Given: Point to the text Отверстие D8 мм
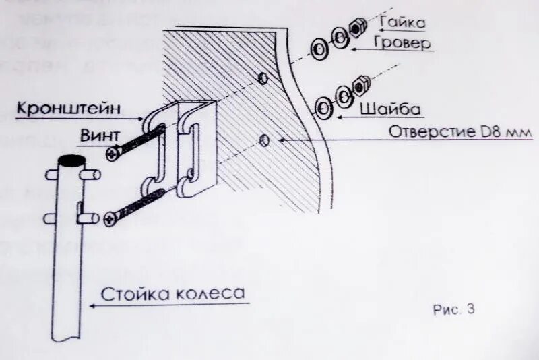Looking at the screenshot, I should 460,131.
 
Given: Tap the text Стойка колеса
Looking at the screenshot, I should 172,294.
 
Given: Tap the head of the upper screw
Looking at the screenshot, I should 112,154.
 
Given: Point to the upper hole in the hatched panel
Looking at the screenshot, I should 263,79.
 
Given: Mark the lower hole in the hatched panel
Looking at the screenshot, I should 264,141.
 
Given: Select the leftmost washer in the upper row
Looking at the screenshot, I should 319,48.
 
